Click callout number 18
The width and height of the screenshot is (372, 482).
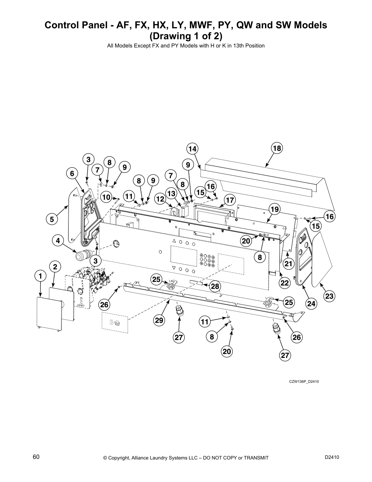pyautogui.click(x=277, y=148)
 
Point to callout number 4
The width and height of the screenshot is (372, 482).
pyautogui.click(x=58, y=241)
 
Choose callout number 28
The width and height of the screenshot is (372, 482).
pyautogui.click(x=215, y=286)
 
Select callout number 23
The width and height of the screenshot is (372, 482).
pyautogui.click(x=329, y=296)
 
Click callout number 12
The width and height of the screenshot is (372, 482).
pyautogui.click(x=160, y=199)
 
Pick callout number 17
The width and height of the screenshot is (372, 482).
pyautogui.click(x=230, y=200)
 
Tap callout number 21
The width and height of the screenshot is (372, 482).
pyautogui.click(x=288, y=264)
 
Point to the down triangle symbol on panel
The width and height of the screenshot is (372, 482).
pyautogui.click(x=174, y=268)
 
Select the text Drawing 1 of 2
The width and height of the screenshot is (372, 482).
pyautogui.click(x=186, y=36)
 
